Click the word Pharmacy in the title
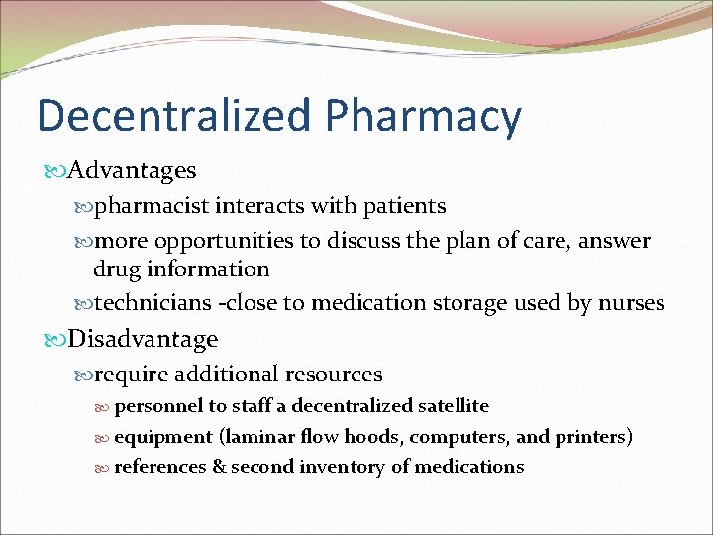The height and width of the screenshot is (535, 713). [x=423, y=118]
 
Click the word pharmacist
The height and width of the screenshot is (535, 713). [x=153, y=206]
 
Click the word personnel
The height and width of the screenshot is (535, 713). [x=157, y=406]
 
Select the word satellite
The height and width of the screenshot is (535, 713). [x=454, y=405]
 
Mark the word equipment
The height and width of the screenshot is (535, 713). [x=163, y=436]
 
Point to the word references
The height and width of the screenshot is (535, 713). [x=160, y=466]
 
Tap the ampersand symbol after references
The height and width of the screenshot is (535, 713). [x=219, y=466]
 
